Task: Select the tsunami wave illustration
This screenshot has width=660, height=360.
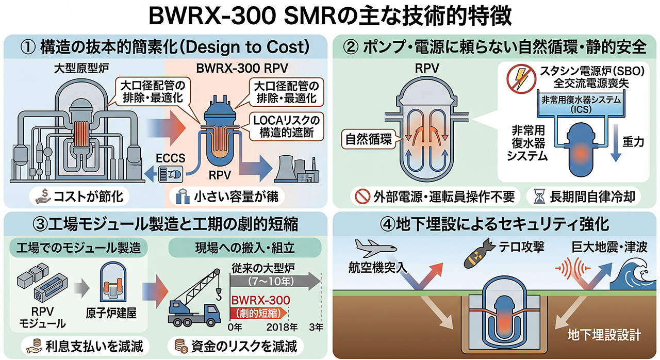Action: coord(634,274)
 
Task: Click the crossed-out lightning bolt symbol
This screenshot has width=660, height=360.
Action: coord(521,79)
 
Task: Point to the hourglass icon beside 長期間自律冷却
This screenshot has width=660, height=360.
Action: coord(539,197)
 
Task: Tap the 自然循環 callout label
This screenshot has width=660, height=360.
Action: coord(368,139)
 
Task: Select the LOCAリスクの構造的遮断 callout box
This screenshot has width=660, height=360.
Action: coord(286,126)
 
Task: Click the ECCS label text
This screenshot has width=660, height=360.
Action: coord(170,158)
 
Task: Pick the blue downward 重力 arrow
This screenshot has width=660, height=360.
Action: coord(616,143)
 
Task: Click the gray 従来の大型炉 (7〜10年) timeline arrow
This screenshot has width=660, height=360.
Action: coord(275,281)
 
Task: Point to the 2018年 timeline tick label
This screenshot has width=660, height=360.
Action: coord(282,327)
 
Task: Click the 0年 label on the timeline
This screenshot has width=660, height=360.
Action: coord(235,327)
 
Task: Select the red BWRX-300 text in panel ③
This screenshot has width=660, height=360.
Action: coord(260,300)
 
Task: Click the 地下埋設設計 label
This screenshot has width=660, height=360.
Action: coord(604,335)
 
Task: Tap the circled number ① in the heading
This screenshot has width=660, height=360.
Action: coord(28,47)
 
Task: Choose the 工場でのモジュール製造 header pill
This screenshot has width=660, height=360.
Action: coord(78,248)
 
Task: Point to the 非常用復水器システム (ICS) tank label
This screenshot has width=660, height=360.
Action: coord(581,105)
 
